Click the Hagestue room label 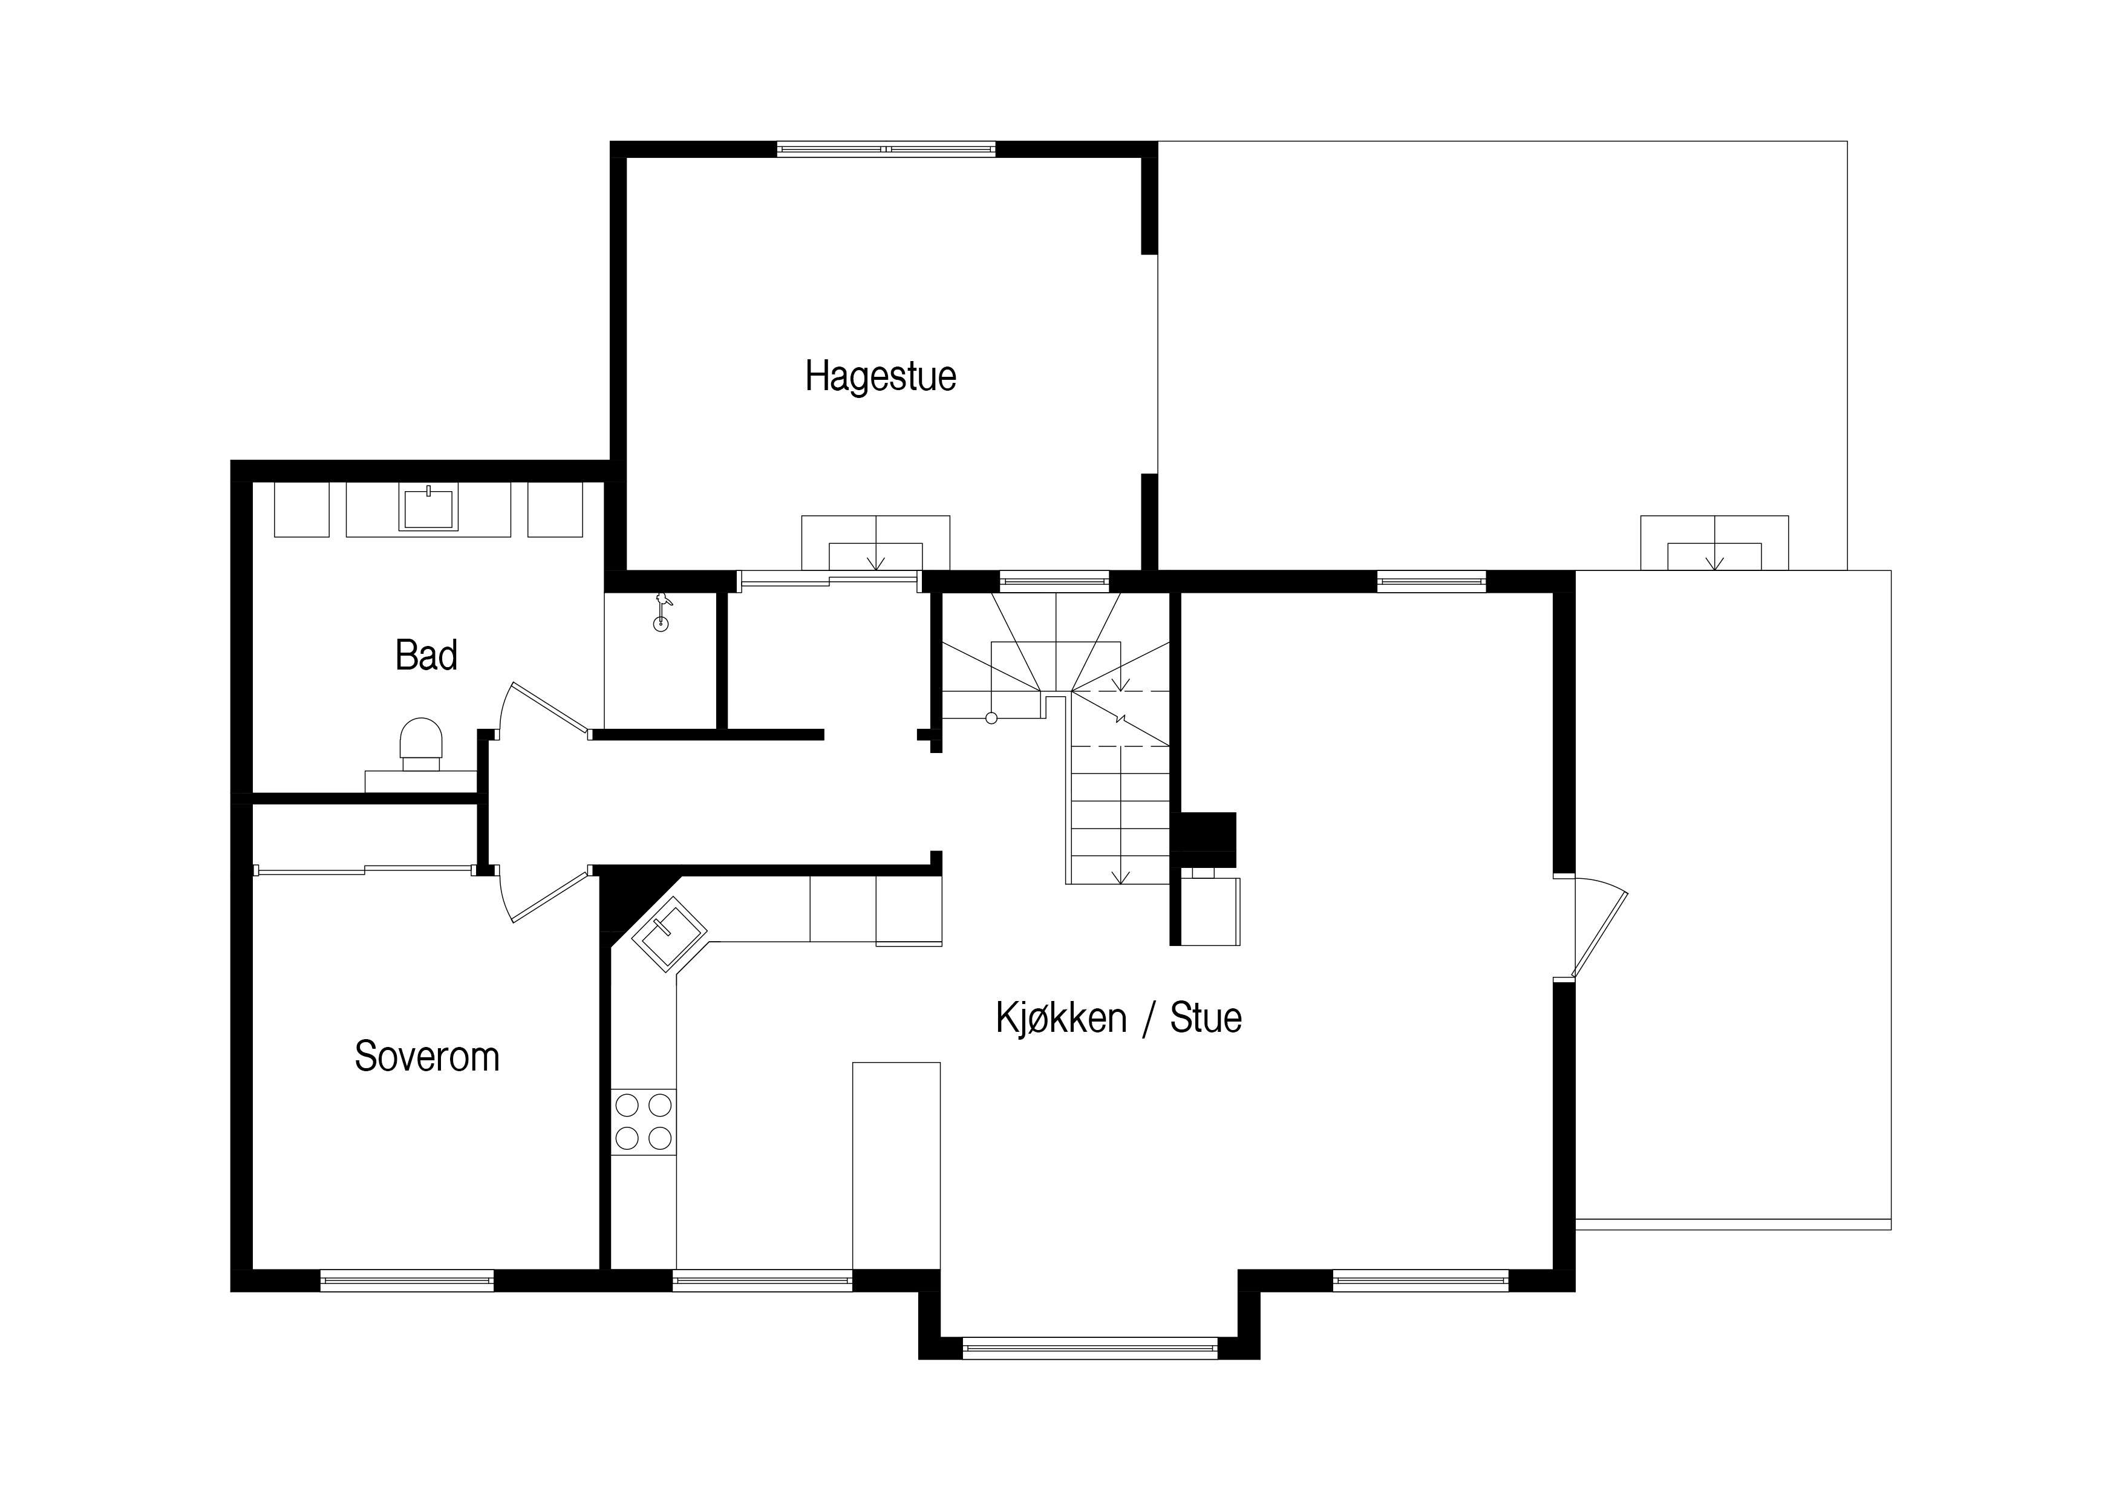coord(880,377)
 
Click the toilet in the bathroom coord(420,744)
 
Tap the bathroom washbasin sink coord(428,508)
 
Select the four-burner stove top coord(643,1121)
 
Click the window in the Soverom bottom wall coord(406,1280)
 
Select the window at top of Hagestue coord(886,149)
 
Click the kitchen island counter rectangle coord(896,1166)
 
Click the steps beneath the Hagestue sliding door coord(875,543)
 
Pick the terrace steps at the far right coord(1714,543)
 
